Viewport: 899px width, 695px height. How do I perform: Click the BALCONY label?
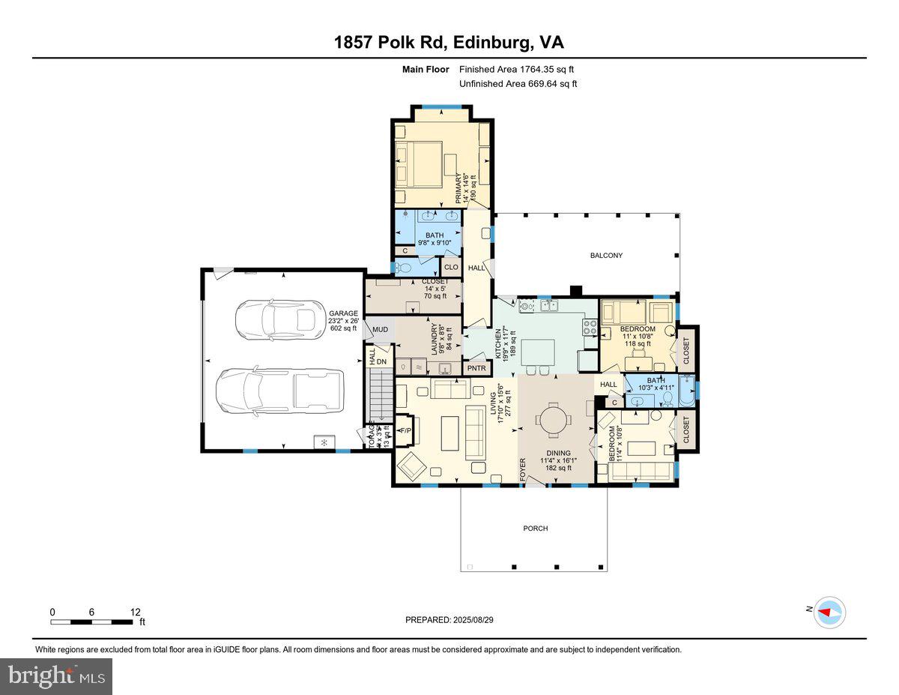pyautogui.click(x=606, y=256)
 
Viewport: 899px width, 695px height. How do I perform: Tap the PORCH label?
pyautogui.click(x=535, y=529)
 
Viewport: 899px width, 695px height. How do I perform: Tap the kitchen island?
pyautogui.click(x=538, y=353)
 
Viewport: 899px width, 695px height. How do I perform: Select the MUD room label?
pyautogui.click(x=380, y=330)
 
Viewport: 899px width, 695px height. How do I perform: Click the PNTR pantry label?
pyautogui.click(x=476, y=368)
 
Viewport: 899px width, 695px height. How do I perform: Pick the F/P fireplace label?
pyautogui.click(x=405, y=431)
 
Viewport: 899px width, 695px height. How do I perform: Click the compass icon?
pyautogui.click(x=829, y=612)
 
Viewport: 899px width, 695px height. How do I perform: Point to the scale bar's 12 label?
pyautogui.click(x=134, y=612)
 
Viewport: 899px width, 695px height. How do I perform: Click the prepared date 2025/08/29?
pyautogui.click(x=449, y=620)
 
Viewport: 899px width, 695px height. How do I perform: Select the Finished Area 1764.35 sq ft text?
pyautogui.click(x=517, y=70)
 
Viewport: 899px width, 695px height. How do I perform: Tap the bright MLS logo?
pyautogui.click(x=57, y=676)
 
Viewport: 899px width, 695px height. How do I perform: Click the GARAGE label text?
pyautogui.click(x=343, y=313)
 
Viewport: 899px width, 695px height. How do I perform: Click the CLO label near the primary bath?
pyautogui.click(x=451, y=268)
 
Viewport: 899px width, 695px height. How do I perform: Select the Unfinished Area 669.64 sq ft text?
pyautogui.click(x=518, y=84)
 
